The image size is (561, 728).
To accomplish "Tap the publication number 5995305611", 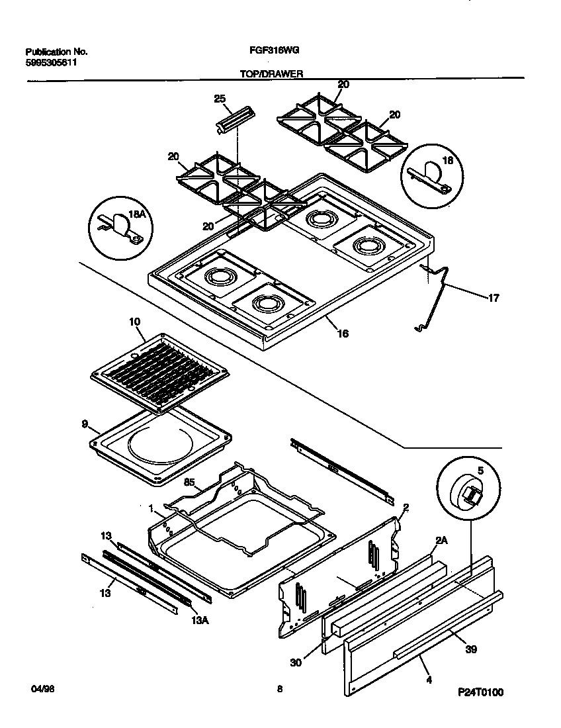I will click(x=56, y=63).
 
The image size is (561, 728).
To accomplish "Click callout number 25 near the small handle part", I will click(x=220, y=99).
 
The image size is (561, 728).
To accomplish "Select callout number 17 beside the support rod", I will click(x=493, y=298).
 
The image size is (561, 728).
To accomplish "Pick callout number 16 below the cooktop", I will click(x=343, y=334).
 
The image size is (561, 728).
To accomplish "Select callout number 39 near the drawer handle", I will click(x=470, y=649).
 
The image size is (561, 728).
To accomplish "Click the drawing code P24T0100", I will click(x=480, y=693).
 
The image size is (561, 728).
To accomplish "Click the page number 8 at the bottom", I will click(x=280, y=690).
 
